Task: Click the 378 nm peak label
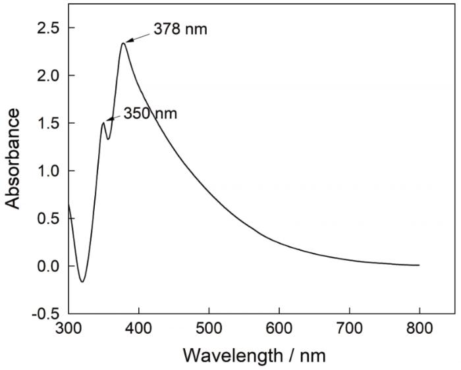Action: (180, 30)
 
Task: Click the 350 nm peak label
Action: (150, 113)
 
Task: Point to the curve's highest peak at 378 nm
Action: (123, 43)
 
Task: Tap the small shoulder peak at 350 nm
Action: (103, 122)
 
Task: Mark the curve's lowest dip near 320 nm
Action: (82, 281)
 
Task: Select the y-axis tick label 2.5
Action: (47, 28)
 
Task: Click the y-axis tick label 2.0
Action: (47, 76)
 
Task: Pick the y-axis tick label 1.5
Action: (47, 124)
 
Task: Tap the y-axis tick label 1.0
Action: (47, 171)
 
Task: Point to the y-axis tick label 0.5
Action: (47, 219)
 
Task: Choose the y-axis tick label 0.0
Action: (47, 267)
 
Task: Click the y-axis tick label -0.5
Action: (45, 314)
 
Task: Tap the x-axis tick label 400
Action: (138, 327)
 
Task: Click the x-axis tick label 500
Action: (209, 327)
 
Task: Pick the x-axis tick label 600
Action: (279, 327)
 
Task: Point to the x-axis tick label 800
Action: (420, 327)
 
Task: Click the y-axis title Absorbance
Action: (14, 159)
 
